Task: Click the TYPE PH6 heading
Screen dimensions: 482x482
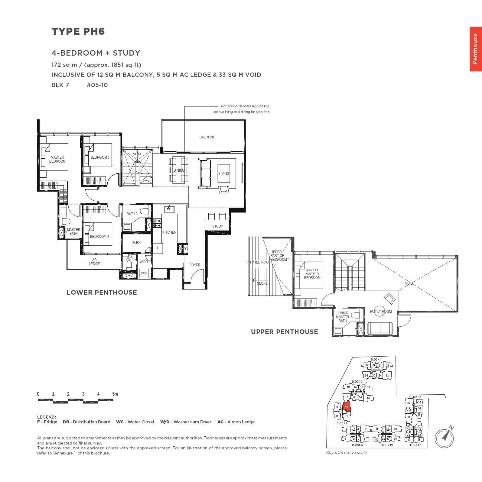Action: coord(78,31)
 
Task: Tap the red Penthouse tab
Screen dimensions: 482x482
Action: coord(475,49)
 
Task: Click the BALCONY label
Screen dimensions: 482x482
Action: coord(207,137)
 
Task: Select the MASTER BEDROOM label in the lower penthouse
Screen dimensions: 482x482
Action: coord(57,159)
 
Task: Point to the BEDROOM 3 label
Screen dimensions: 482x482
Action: coord(100,157)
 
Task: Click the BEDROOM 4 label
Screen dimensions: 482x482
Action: coord(99,237)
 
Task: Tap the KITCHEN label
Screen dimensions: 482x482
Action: coord(169,232)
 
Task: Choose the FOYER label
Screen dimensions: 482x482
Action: coord(195,265)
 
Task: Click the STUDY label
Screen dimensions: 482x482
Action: coord(217,226)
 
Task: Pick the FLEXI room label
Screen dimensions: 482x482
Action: coord(137,243)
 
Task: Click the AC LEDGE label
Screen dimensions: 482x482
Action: coord(94,262)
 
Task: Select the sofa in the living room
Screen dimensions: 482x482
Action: coord(204,173)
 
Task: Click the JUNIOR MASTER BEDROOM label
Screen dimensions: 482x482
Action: coord(312,274)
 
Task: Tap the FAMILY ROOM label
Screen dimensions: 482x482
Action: coord(381,312)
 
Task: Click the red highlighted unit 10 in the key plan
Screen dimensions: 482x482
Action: coord(347,407)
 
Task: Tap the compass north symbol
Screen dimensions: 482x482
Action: coord(445,436)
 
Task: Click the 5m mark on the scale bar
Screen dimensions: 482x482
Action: coord(115,394)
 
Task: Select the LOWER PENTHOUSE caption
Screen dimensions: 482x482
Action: coord(102,293)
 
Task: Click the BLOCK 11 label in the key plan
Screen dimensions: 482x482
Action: coord(376,360)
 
